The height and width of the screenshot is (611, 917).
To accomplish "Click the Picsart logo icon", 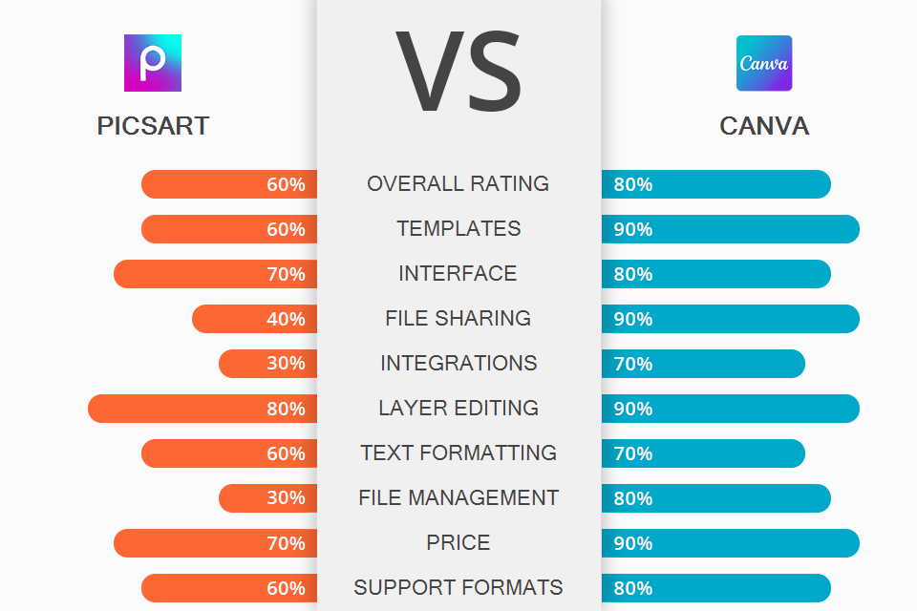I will tap(153, 63).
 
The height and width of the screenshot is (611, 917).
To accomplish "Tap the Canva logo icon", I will tap(764, 63).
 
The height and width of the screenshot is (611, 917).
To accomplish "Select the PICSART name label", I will tap(153, 126).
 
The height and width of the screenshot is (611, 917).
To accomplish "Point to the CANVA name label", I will tap(764, 126).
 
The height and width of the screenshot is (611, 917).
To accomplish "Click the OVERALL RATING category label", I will tap(458, 183).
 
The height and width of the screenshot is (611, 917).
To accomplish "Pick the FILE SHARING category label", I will tap(458, 318).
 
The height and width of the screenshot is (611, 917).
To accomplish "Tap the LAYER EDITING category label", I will tap(458, 408).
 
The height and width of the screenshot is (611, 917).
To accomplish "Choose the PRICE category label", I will tap(458, 542).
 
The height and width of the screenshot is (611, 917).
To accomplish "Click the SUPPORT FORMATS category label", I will tap(458, 587).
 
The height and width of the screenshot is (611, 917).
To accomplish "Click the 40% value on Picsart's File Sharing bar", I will tap(286, 319).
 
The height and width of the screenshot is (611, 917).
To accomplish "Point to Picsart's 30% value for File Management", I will tap(286, 498).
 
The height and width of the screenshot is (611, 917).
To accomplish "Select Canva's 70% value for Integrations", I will tap(633, 364).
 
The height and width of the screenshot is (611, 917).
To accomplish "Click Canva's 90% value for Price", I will tap(633, 543).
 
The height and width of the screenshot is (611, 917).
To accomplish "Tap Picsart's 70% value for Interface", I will tap(286, 274).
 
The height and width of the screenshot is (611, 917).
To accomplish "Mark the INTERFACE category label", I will tap(458, 273).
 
